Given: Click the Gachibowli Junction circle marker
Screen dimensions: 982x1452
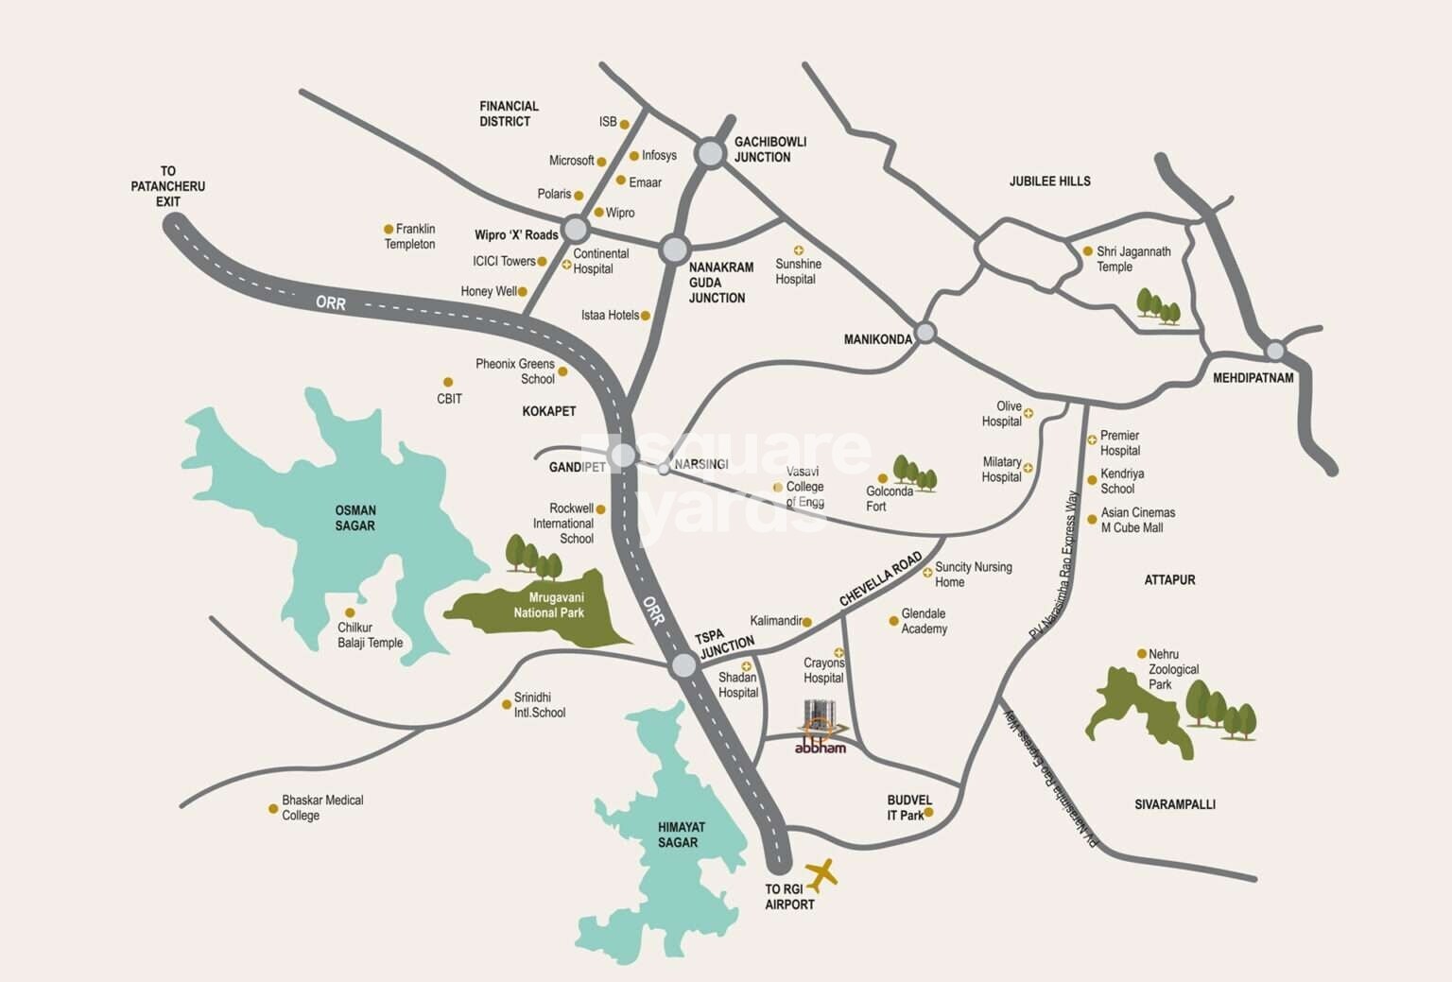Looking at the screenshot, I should (x=711, y=152).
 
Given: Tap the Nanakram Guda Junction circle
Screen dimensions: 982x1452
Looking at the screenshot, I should (x=674, y=250).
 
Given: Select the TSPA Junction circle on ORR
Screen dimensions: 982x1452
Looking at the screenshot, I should (x=683, y=665).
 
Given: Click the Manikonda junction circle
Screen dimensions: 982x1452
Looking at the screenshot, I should (x=925, y=332).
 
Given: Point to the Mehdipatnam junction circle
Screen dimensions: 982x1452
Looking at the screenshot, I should (x=1275, y=351).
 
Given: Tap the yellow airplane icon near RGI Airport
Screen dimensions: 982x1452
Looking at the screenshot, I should (x=821, y=875).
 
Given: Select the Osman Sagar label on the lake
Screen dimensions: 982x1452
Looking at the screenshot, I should (x=354, y=518).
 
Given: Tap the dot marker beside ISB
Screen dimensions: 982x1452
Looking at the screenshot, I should (x=625, y=122).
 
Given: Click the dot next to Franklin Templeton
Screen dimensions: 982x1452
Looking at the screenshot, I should (x=388, y=229).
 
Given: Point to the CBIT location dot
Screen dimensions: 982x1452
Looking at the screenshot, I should (x=448, y=383).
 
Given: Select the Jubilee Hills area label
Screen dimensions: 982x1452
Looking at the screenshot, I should (x=1049, y=181).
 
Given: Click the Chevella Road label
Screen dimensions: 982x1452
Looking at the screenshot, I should (x=880, y=579).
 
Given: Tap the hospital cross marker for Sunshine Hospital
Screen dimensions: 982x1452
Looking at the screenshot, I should (x=798, y=250).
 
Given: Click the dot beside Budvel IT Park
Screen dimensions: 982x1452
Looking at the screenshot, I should (x=928, y=812).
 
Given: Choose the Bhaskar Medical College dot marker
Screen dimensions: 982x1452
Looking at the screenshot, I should (x=273, y=809).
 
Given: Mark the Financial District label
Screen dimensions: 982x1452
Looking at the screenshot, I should (x=509, y=113).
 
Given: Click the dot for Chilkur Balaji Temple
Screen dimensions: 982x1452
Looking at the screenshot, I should (x=350, y=612).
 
